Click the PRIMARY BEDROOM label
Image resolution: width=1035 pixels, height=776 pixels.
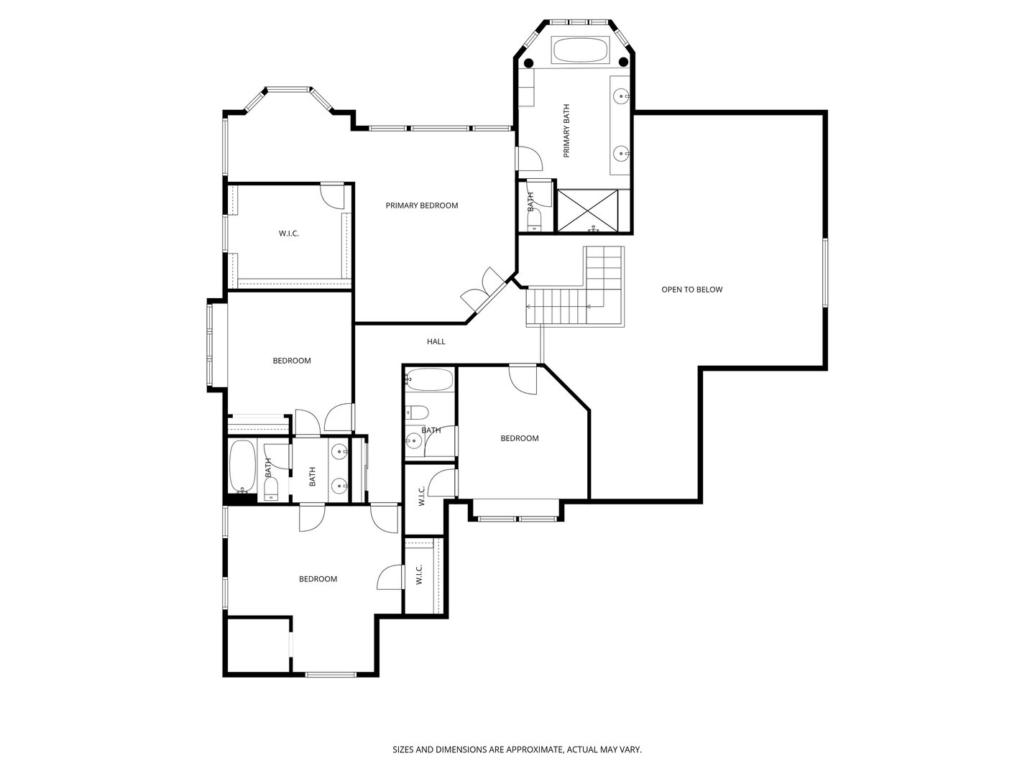click(421, 205)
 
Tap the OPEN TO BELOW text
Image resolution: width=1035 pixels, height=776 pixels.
click(691, 290)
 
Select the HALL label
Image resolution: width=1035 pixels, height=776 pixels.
click(436, 341)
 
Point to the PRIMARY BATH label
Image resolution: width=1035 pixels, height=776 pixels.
click(566, 131)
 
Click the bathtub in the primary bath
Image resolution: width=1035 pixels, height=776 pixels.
click(580, 50)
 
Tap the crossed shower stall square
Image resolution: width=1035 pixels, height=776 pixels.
click(587, 211)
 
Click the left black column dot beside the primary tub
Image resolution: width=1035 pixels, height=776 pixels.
click(528, 63)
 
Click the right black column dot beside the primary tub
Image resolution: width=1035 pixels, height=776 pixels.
click(623, 62)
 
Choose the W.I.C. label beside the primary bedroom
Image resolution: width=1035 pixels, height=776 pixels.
click(288, 234)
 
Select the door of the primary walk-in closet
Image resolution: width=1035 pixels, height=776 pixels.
click(333, 195)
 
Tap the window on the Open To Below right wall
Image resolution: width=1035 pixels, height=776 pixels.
click(825, 273)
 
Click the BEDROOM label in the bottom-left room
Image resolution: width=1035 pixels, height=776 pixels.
click(318, 579)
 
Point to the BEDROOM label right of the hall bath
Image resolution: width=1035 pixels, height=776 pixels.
click(520, 438)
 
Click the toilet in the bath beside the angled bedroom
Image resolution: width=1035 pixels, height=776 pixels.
click(418, 412)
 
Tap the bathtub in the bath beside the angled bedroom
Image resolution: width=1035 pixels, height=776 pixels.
click(430, 379)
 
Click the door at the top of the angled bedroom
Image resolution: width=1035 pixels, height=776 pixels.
click(523, 379)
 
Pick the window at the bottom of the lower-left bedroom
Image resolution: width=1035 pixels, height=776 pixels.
click(331, 675)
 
